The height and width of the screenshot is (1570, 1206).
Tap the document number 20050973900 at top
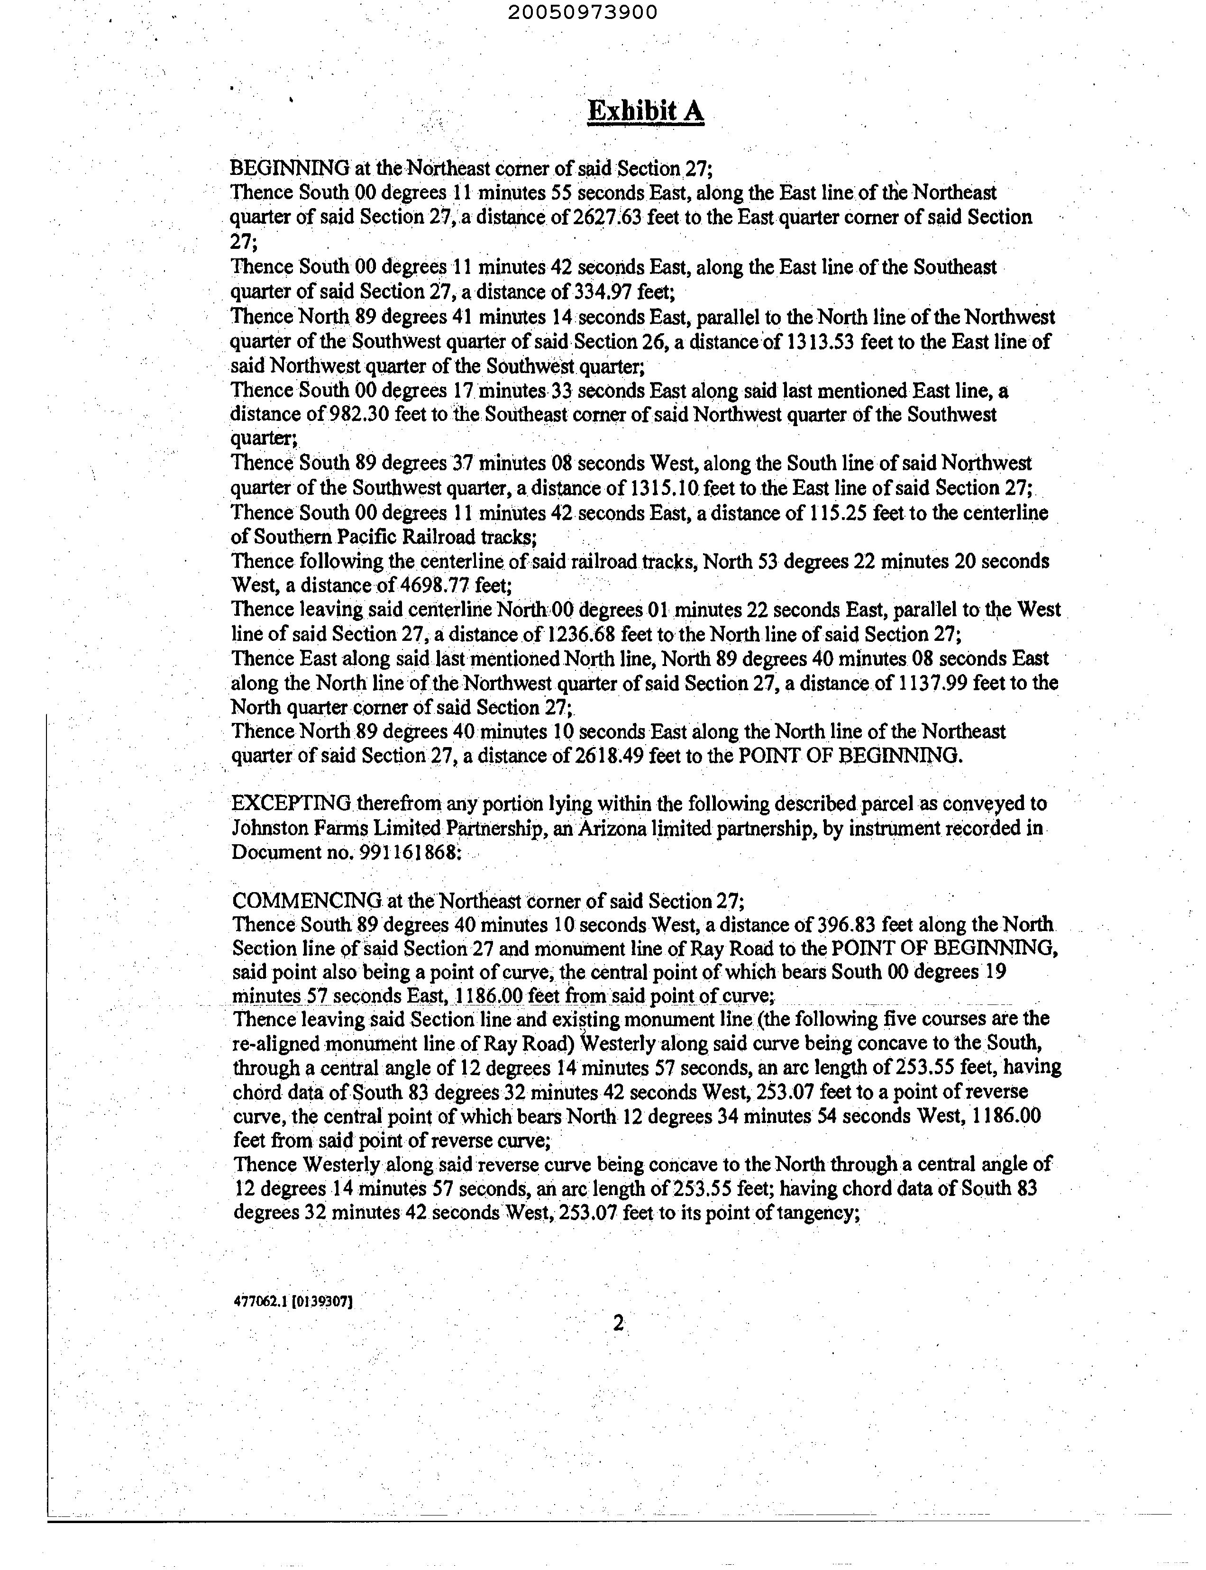582,12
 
